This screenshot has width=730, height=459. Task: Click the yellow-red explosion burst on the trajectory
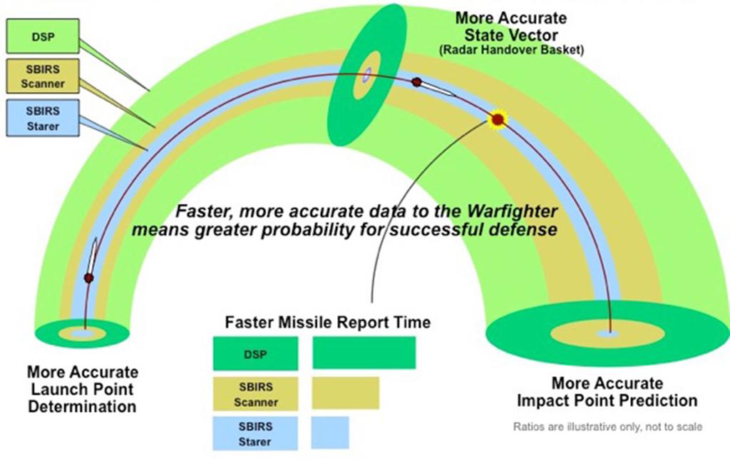[498, 119]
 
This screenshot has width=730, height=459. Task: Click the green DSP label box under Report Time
[255, 353]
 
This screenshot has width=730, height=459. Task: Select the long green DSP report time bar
[364, 353]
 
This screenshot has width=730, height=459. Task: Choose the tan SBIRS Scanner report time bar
[346, 393]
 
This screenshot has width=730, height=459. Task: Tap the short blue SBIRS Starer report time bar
[330, 433]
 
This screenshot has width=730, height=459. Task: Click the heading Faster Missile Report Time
[327, 322]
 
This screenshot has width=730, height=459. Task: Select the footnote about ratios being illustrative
[608, 427]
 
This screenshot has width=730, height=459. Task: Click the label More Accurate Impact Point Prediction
[607, 392]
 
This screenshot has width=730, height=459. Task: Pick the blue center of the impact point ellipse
[607, 333]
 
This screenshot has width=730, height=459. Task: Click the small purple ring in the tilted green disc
[367, 74]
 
